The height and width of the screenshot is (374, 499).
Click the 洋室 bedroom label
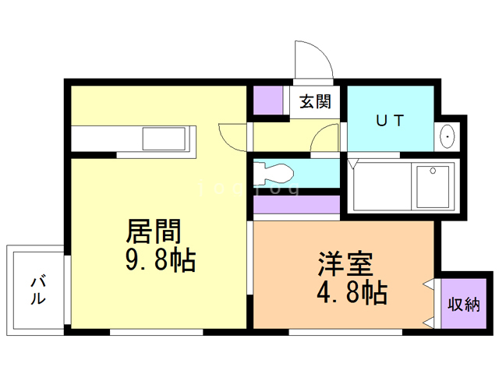pos(343,263)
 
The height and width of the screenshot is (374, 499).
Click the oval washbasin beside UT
pos(448,137)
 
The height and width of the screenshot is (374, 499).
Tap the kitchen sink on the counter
pos(163,140)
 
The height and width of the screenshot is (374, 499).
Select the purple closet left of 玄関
pos(269,101)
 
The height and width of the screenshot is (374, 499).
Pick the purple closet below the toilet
pos(296,204)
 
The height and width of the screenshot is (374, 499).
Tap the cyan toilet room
pos(296,171)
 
